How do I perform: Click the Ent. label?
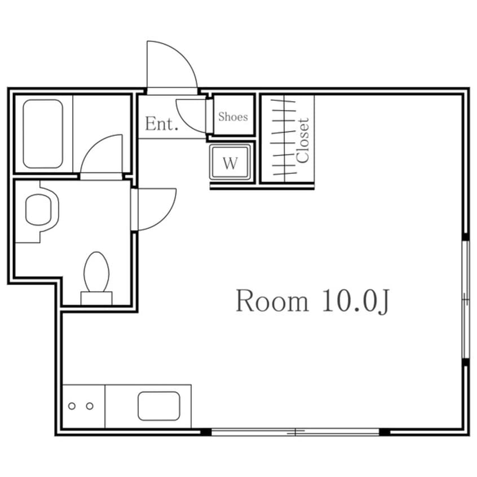[x=161, y=124]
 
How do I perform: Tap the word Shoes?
[x=233, y=117]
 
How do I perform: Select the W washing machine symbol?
[x=230, y=162]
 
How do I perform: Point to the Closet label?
[x=303, y=140]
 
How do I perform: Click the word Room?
[x=272, y=301]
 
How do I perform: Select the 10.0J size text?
[x=355, y=301]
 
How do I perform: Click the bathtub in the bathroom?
[x=43, y=134]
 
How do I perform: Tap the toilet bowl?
[x=96, y=271]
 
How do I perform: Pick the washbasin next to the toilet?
[x=42, y=210]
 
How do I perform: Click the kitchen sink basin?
[x=159, y=406]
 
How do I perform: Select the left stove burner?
[x=72, y=406]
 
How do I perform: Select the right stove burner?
[x=90, y=406]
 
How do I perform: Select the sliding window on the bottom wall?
[x=295, y=432]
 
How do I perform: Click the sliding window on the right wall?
[x=466, y=299]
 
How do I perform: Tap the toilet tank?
[x=96, y=298]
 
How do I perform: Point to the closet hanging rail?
[x=284, y=138]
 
